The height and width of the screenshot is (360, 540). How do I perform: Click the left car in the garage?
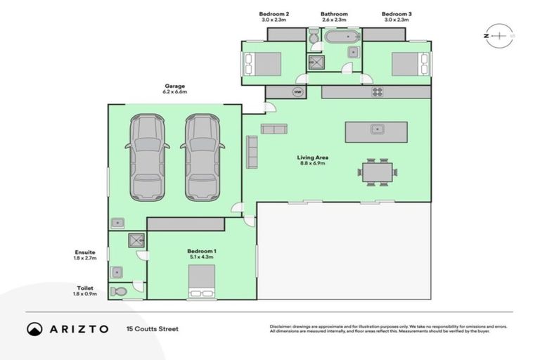[x=147, y=157]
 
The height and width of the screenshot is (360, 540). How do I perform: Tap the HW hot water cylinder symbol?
[x=297, y=92]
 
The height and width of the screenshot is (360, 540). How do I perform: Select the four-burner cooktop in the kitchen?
[x=377, y=91]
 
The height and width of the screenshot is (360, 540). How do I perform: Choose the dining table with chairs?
[x=377, y=172]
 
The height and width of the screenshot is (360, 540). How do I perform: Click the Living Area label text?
[x=313, y=157]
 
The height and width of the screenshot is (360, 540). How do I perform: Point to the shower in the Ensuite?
[x=133, y=240]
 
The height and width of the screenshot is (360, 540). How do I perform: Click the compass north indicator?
[x=498, y=34]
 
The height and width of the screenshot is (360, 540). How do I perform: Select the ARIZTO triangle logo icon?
[x=34, y=328]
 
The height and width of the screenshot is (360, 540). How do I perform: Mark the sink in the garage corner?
[x=117, y=223]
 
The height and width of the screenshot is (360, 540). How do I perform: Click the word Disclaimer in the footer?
[x=281, y=327]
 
